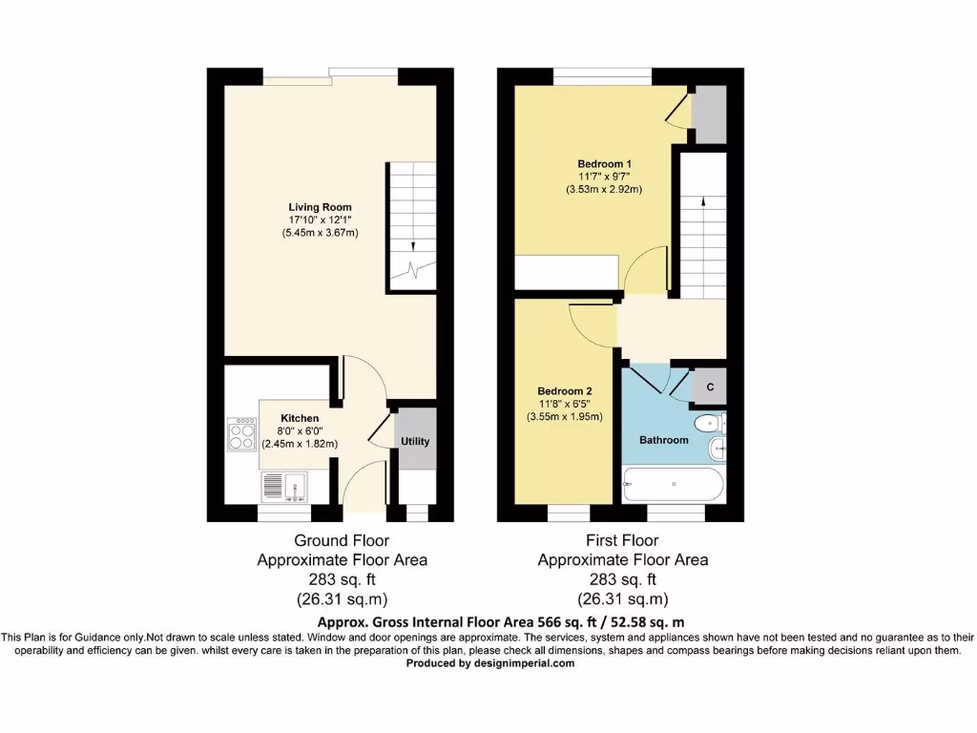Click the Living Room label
click(321, 207)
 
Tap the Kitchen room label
click(300, 418)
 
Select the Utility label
click(415, 442)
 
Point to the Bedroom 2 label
click(565, 391)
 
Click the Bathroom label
click(663, 440)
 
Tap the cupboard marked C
click(709, 387)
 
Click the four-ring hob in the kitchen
click(241, 434)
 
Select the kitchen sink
click(283, 488)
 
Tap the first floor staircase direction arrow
click(703, 202)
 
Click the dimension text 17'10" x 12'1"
click(321, 220)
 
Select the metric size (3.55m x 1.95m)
click(565, 416)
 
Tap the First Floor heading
click(622, 540)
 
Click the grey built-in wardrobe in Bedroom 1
click(707, 113)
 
